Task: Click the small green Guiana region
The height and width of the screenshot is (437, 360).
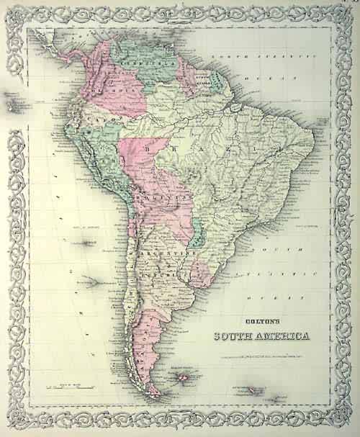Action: [x=215, y=76]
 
